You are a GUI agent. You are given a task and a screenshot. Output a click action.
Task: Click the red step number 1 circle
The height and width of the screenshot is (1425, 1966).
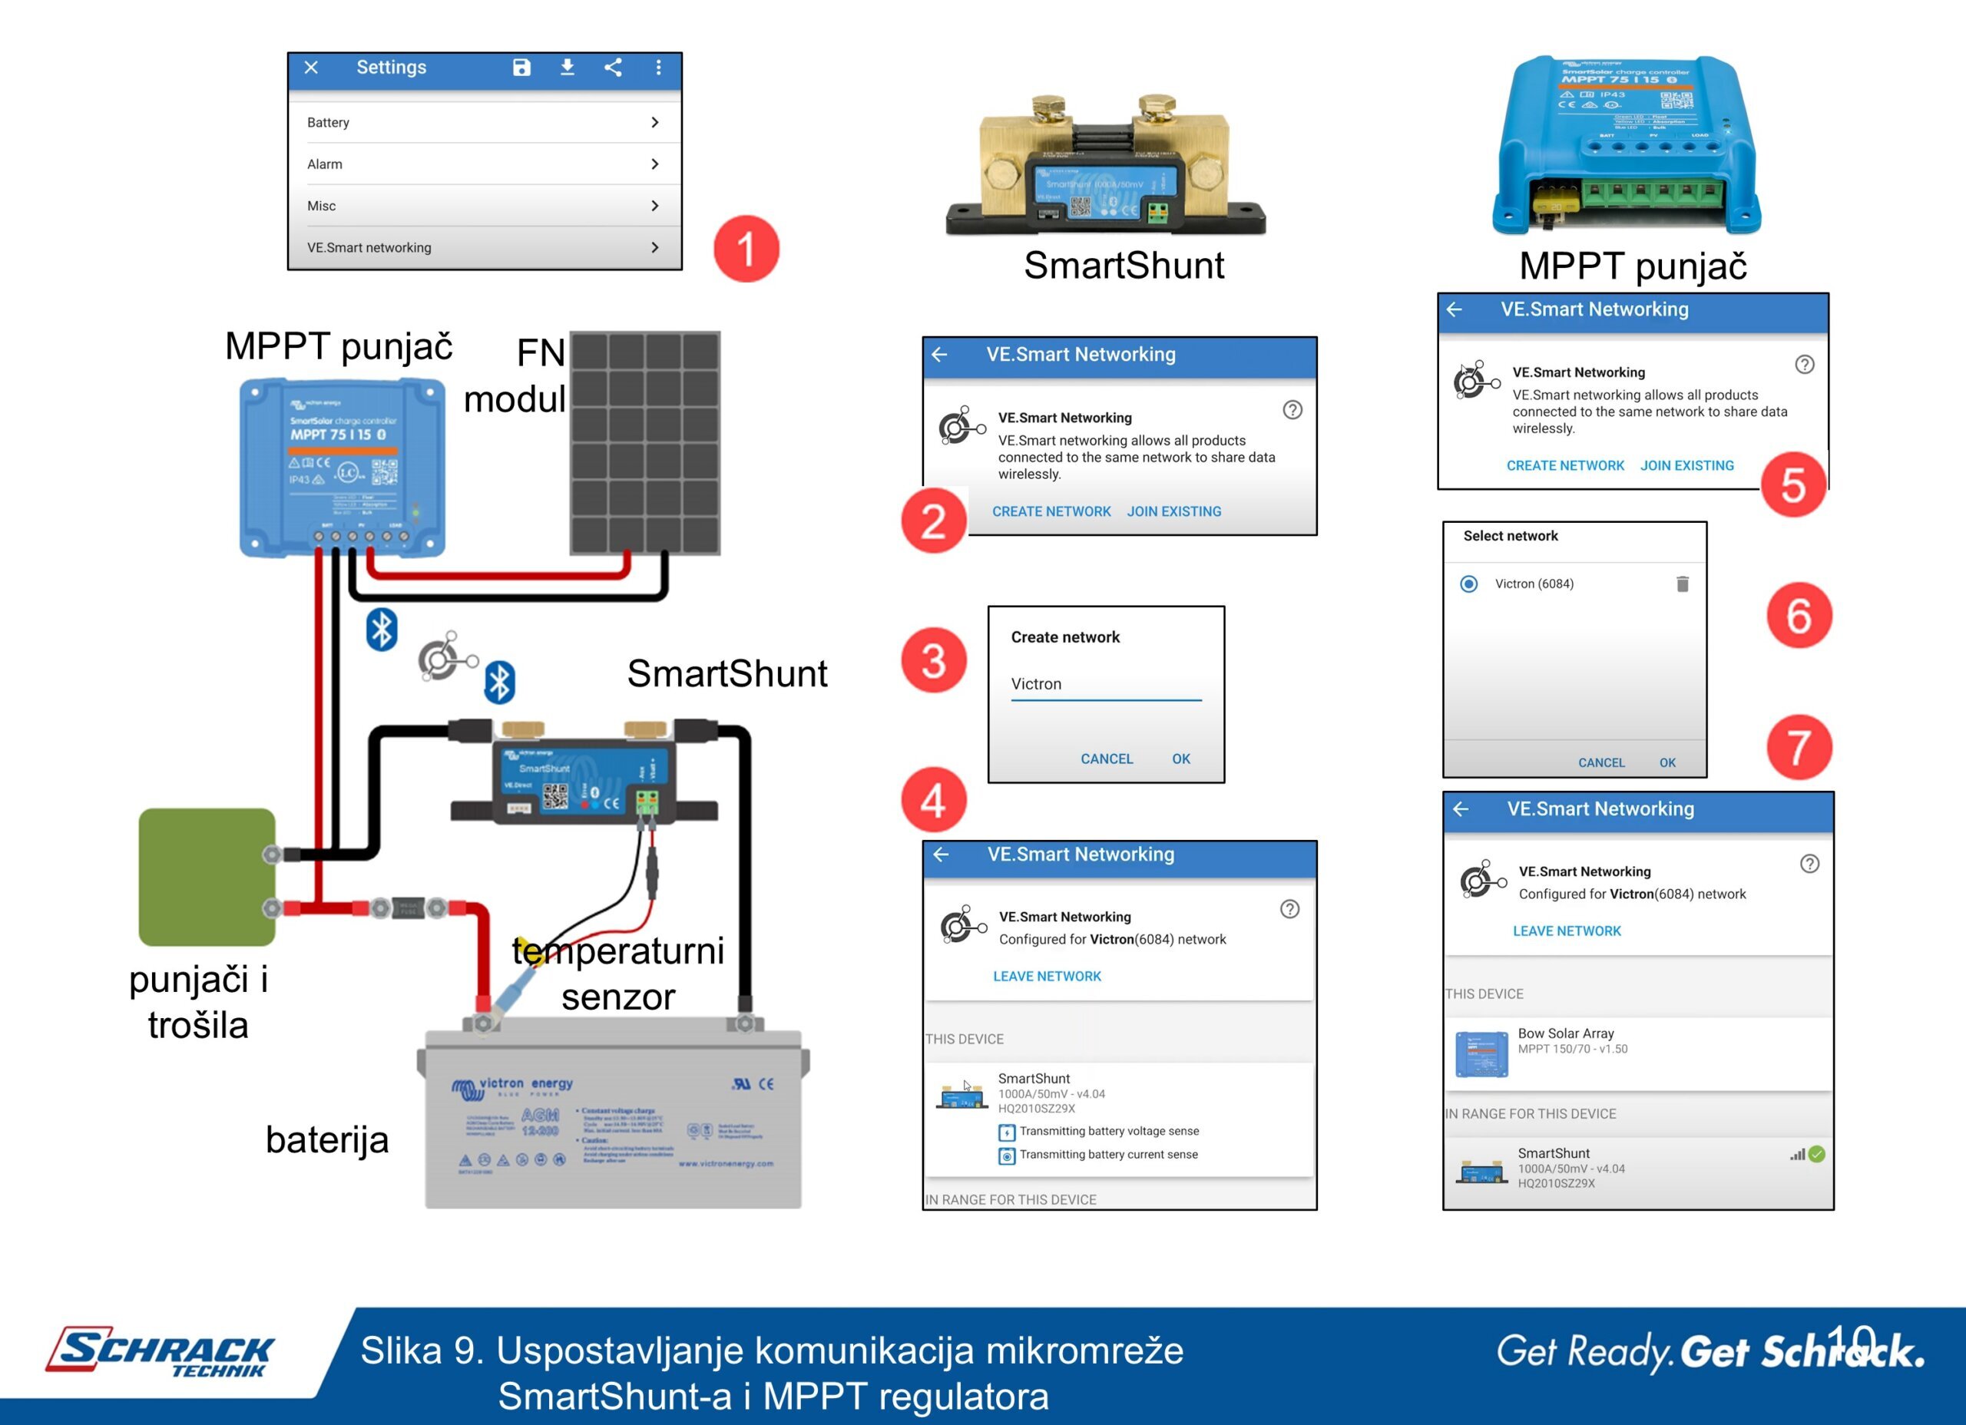pos(746,249)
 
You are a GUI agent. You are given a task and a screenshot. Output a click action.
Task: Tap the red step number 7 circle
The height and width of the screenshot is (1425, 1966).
pos(1799,746)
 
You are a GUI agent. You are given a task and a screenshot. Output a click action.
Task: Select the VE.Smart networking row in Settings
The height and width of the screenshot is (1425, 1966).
pos(484,248)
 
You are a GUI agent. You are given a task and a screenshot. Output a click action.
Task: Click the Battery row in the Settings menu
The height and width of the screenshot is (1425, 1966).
pos(484,122)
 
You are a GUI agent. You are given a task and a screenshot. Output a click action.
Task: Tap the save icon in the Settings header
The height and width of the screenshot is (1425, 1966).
pos(521,68)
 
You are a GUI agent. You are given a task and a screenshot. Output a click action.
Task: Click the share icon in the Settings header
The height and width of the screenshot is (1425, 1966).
pos(613,68)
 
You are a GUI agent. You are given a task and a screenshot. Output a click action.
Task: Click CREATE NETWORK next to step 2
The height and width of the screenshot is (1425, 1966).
pos(1051,511)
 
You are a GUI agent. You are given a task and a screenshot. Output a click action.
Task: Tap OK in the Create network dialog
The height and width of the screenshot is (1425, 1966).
pos(1180,759)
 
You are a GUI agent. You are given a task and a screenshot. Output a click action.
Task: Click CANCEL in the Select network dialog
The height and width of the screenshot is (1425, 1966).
pos(1601,762)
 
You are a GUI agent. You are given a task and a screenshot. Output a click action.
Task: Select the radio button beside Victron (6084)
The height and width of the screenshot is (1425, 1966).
pos(1468,584)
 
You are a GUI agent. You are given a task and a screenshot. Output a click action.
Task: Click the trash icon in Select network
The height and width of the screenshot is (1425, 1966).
pos(1682,584)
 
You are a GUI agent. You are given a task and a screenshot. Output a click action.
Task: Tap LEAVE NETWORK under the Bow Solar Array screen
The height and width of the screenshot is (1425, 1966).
pos(1567,931)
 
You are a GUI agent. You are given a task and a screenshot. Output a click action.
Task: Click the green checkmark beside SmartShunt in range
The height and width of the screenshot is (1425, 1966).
pos(1817,1154)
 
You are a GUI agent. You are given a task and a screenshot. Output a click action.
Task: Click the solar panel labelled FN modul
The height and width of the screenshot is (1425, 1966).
pos(644,442)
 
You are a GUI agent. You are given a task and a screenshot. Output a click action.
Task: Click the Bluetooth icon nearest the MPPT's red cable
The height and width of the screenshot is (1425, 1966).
pos(382,630)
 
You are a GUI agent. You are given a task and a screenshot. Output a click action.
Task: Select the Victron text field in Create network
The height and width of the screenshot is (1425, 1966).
pos(1105,684)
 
